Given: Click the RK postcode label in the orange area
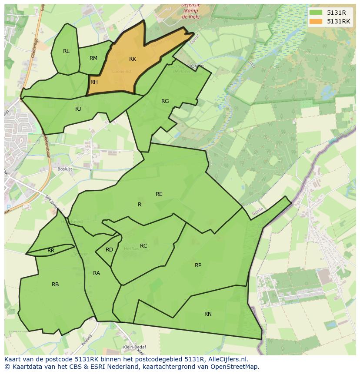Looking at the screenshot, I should [x=133, y=59].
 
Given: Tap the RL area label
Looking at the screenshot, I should [x=66, y=51].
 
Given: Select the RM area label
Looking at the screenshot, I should [x=93, y=58].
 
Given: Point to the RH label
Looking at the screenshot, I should [x=94, y=82].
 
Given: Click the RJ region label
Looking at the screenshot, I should [x=78, y=109].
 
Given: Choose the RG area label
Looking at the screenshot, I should [x=165, y=101].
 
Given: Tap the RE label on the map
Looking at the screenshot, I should [x=159, y=194].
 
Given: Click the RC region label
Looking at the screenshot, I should [x=143, y=246].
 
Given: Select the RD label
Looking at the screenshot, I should [x=109, y=250].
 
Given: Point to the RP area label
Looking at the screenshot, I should [x=198, y=265].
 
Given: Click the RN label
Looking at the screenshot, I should [x=208, y=314].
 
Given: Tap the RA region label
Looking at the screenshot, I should [x=97, y=273].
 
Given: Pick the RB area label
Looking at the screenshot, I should [x=55, y=285].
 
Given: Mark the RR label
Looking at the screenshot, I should [x=51, y=251].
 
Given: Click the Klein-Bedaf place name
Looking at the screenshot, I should [x=134, y=347].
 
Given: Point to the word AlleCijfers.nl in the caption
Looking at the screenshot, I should [x=227, y=359].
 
